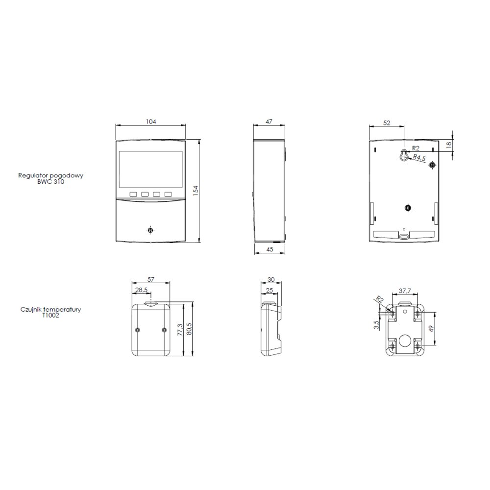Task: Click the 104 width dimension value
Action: coord(151,122)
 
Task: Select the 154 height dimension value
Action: coord(196,191)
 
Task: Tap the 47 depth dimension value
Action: coord(269,122)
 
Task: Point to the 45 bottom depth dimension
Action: coord(269,249)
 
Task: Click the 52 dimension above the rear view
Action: coord(387,123)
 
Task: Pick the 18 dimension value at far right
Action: coord(449,145)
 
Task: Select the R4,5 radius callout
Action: coord(419,157)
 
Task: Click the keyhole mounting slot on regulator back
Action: coord(404,155)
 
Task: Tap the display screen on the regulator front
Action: coord(150,170)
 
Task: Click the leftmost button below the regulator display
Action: coord(133,194)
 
